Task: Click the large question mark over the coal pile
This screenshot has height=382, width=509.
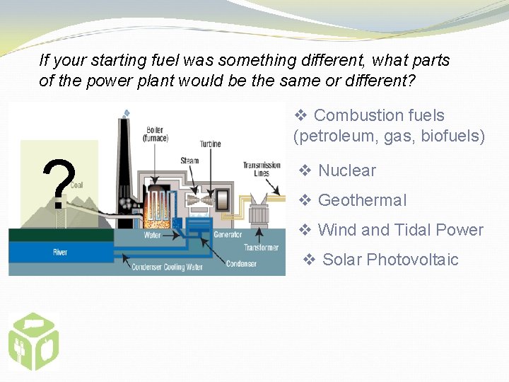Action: tap(59, 184)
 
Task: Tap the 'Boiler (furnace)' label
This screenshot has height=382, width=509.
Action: tap(155, 134)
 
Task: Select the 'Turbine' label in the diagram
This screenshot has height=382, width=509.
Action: tap(210, 144)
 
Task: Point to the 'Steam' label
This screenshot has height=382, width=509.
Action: tap(189, 161)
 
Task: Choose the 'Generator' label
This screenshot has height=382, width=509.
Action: tap(228, 234)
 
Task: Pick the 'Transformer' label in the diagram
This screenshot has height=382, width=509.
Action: tap(261, 248)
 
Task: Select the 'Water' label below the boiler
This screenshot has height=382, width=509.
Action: tap(152, 235)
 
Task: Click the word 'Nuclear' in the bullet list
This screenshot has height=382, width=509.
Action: tap(346, 170)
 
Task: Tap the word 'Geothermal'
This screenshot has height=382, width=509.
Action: tap(362, 200)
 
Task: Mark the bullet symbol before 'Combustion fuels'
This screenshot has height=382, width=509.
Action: tap(300, 115)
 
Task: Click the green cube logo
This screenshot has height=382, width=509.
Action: tap(33, 342)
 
